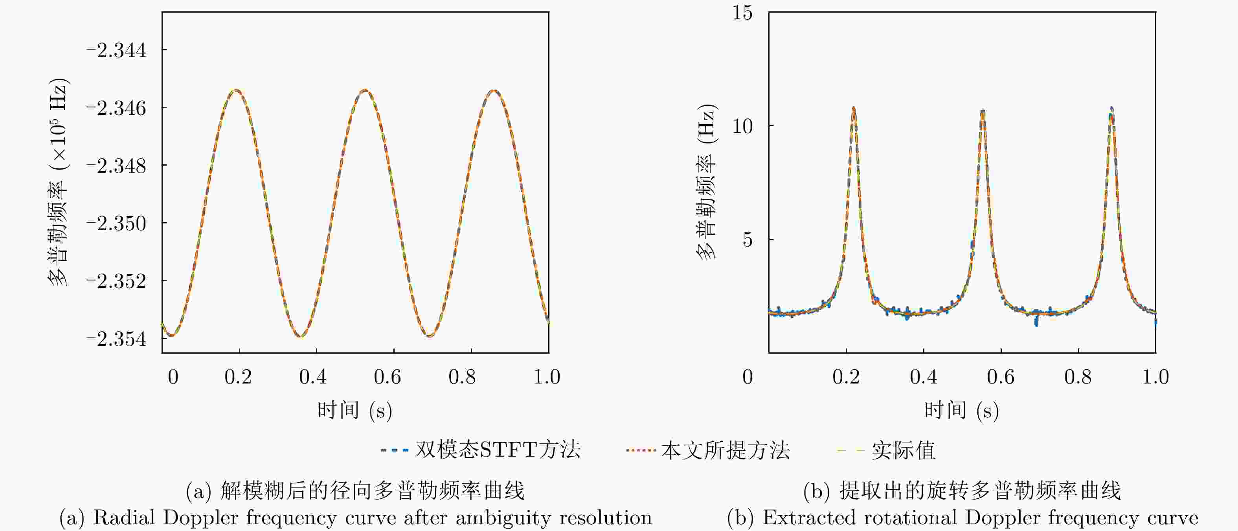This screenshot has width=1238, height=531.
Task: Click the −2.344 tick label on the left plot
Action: [116, 50]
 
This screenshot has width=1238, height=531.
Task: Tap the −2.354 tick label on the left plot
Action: [116, 339]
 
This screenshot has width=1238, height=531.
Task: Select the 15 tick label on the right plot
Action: [742, 13]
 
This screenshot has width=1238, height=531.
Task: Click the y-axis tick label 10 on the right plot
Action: [742, 126]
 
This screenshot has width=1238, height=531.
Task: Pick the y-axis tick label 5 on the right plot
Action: [747, 240]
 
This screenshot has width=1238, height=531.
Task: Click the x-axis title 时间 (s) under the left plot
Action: [355, 410]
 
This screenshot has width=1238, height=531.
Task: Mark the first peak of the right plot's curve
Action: [854, 109]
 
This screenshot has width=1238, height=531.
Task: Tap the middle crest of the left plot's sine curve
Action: [365, 90]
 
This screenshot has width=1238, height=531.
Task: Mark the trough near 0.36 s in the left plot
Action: [300, 336]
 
